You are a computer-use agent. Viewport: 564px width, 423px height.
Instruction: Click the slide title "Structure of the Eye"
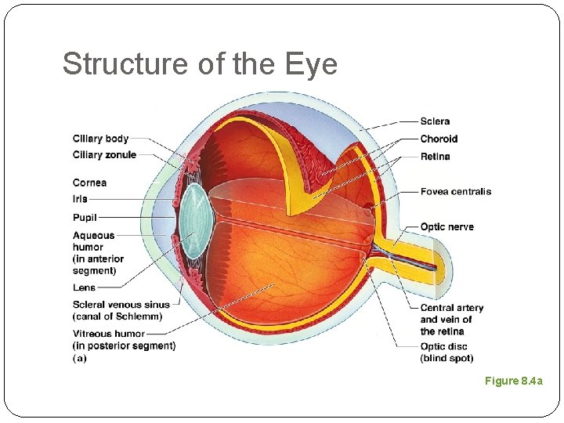[x=200, y=63]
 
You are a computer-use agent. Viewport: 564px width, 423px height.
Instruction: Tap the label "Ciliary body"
[x=100, y=139]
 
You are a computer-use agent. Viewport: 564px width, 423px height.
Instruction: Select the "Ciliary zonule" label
[x=104, y=154]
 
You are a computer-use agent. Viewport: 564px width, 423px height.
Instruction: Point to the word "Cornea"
[x=89, y=183]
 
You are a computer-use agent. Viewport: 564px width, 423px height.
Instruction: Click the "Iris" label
[x=80, y=199]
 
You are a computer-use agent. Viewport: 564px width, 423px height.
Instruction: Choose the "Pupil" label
[x=85, y=217]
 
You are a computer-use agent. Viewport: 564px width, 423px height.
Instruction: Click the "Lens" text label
[x=84, y=287]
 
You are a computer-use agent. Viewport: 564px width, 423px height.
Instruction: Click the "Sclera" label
[x=435, y=121]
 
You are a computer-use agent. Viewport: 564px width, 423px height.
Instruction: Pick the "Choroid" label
[x=439, y=139]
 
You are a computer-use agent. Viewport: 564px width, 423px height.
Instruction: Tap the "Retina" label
[x=435, y=156]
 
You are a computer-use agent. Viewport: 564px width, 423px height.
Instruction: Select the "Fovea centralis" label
[x=455, y=191]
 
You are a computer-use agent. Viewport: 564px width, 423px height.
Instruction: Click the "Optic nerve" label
[x=446, y=226]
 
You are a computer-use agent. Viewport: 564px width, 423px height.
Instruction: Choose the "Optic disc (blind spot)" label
[x=446, y=352]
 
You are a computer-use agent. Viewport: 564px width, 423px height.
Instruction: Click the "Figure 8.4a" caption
[x=513, y=381]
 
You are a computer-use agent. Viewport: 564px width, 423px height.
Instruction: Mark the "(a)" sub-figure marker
[x=79, y=358]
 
